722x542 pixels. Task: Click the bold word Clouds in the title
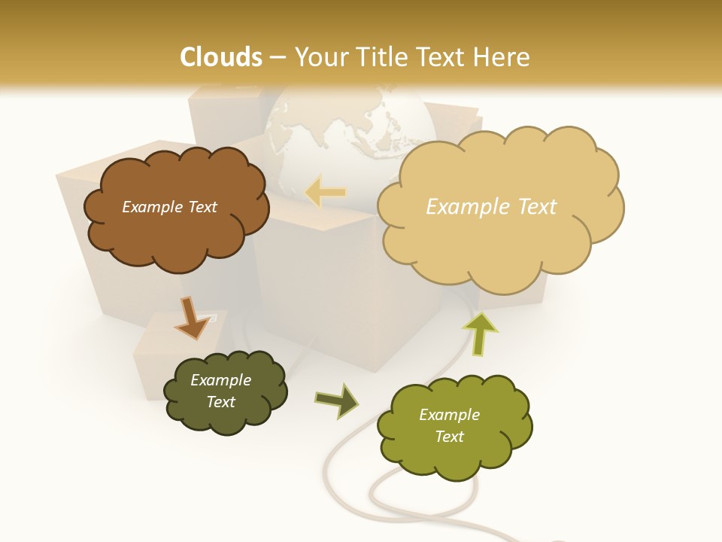(221, 57)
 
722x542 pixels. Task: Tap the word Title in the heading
(380, 57)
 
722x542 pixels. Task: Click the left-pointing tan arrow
(326, 193)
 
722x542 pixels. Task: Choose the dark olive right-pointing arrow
(337, 400)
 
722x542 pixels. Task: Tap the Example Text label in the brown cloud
(169, 207)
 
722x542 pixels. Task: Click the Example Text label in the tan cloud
(491, 207)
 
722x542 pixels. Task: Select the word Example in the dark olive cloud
(220, 380)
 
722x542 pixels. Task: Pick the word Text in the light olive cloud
(449, 437)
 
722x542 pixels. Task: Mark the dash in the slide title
(277, 57)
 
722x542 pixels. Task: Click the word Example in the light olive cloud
(449, 415)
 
